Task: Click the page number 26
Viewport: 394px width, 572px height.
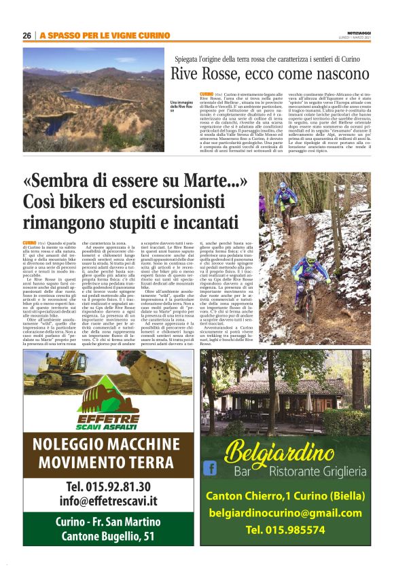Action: point(27,35)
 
